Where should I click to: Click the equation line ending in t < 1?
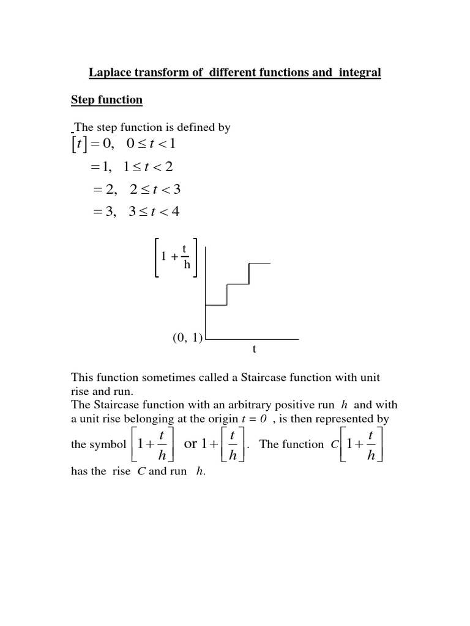point(127,144)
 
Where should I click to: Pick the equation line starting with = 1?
point(135,167)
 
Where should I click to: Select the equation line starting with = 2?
point(135,190)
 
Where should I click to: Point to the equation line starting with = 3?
point(135,212)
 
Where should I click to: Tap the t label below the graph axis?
point(253,350)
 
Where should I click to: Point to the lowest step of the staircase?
point(216,304)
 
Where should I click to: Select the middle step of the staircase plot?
point(238,284)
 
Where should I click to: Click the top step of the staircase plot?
point(259,263)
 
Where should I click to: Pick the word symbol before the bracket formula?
point(108,444)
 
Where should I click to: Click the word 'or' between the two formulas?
point(191,444)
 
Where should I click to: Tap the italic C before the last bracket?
point(334,444)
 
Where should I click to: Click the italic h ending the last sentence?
point(200,472)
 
